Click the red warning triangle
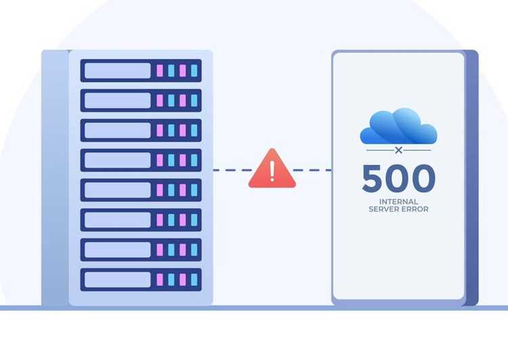pyautogui.click(x=272, y=170)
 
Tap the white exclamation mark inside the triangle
pyautogui.click(x=272, y=171)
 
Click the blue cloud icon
pyautogui.click(x=398, y=126)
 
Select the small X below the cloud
pyautogui.click(x=399, y=150)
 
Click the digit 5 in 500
pyautogui.click(x=372, y=178)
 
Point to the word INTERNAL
pyautogui.click(x=398, y=202)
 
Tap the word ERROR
pyautogui.click(x=415, y=209)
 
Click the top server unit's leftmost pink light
pyautogui.click(x=160, y=71)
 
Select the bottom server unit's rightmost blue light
pyautogui.click(x=194, y=279)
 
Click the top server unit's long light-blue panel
pyautogui.click(x=118, y=71)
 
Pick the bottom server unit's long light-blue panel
pyautogui.click(x=118, y=279)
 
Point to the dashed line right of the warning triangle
pyautogui.click(x=312, y=170)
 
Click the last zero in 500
pyautogui.click(x=423, y=178)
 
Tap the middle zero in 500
pyautogui.click(x=396, y=178)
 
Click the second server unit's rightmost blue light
pyautogui.click(x=194, y=100)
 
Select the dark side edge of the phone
pyautogui.click(x=471, y=178)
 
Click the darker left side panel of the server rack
pyautogui.click(x=55, y=178)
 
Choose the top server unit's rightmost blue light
pyautogui.click(x=194, y=71)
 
